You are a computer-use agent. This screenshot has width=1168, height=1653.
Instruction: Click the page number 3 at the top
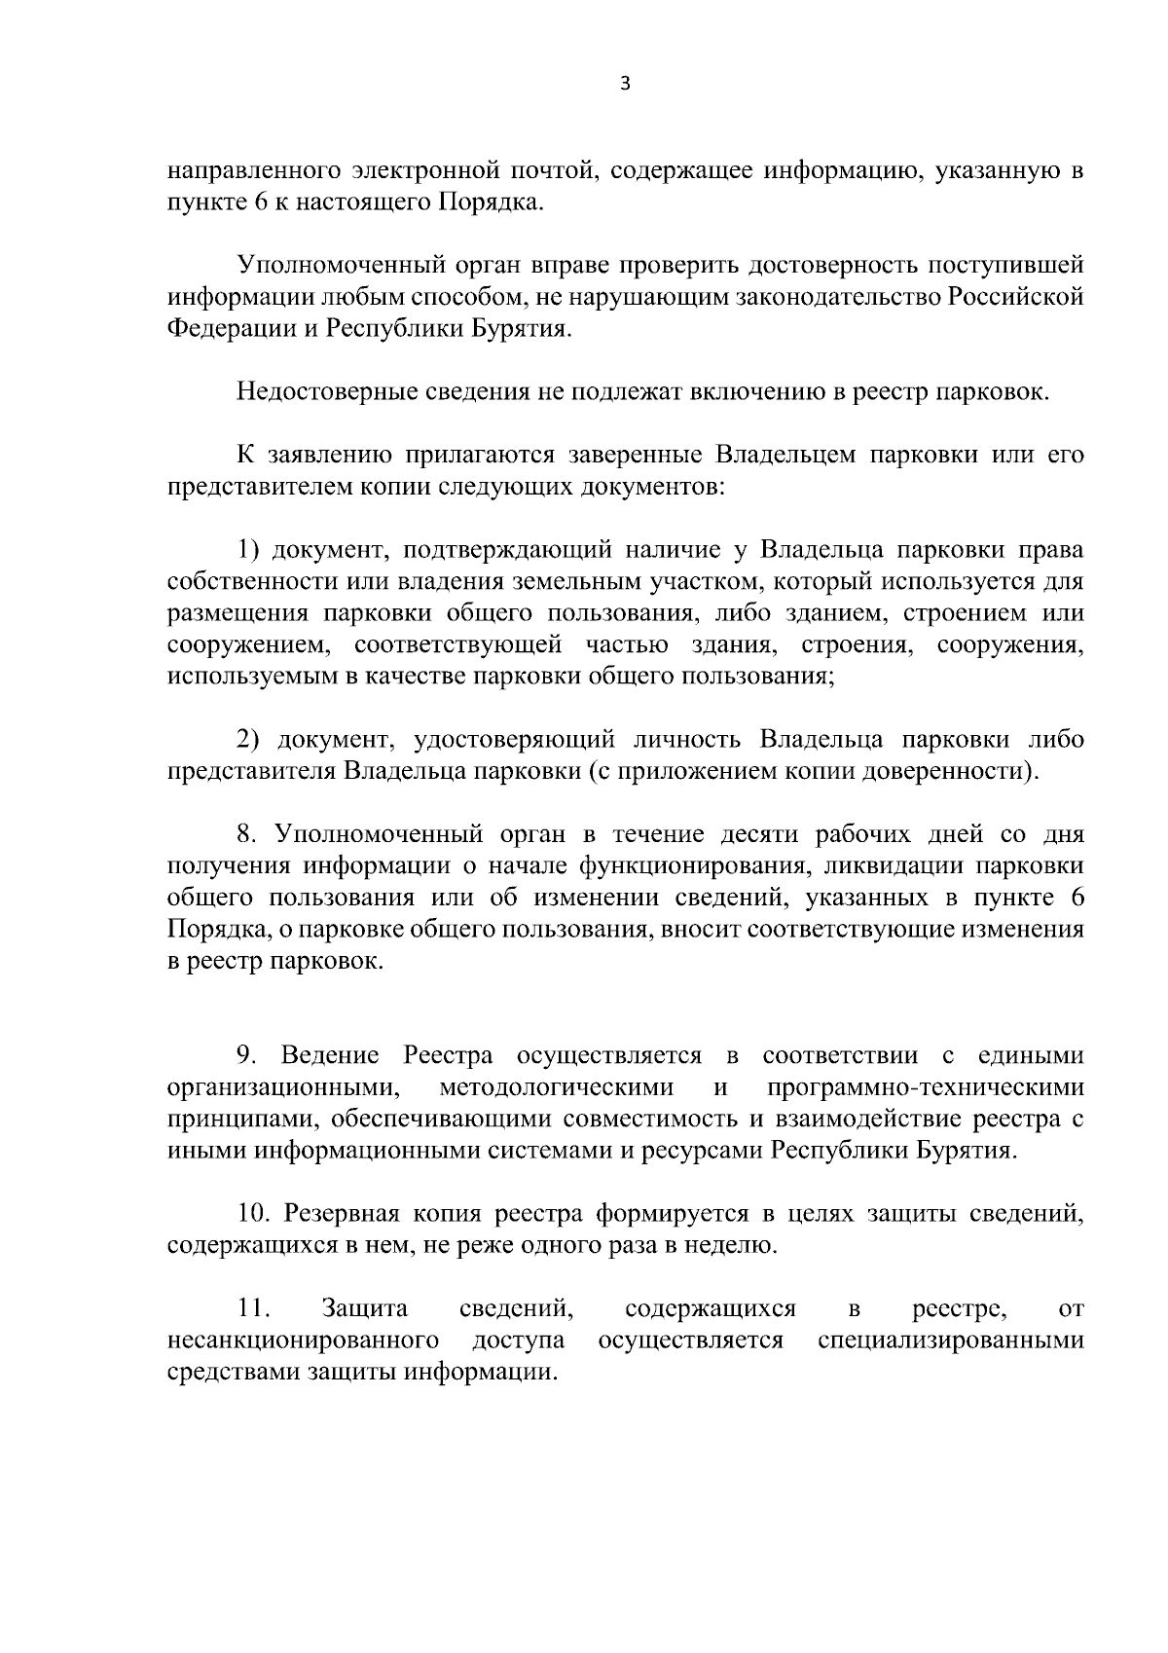click(625, 85)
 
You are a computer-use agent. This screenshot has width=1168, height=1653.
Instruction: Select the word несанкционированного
click(302, 1341)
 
